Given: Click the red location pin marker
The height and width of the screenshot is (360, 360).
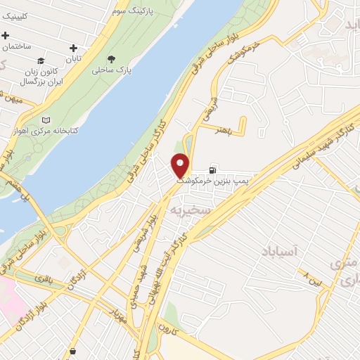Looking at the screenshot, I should (x=181, y=166).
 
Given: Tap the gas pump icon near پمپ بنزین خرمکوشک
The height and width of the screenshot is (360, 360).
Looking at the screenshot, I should (x=212, y=170).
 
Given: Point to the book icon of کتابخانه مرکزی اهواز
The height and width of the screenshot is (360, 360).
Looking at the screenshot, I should (x=46, y=120).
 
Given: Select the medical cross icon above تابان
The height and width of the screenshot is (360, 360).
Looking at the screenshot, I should (x=72, y=49).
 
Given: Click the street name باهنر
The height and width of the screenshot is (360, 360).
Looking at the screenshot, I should (x=224, y=130).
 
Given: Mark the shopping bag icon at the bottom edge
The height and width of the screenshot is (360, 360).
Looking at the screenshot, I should (x=74, y=351).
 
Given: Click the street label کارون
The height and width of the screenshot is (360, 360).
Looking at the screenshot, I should (x=169, y=328).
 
